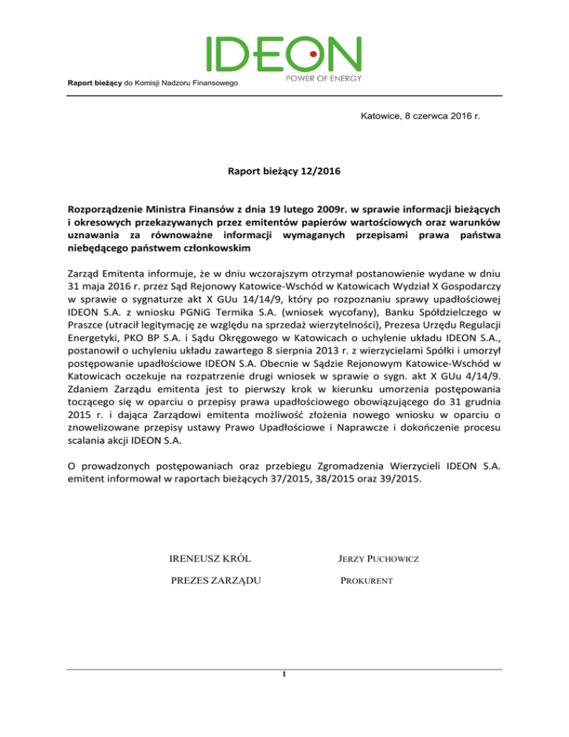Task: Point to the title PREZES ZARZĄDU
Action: (216, 581)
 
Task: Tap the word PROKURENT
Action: (362, 581)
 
